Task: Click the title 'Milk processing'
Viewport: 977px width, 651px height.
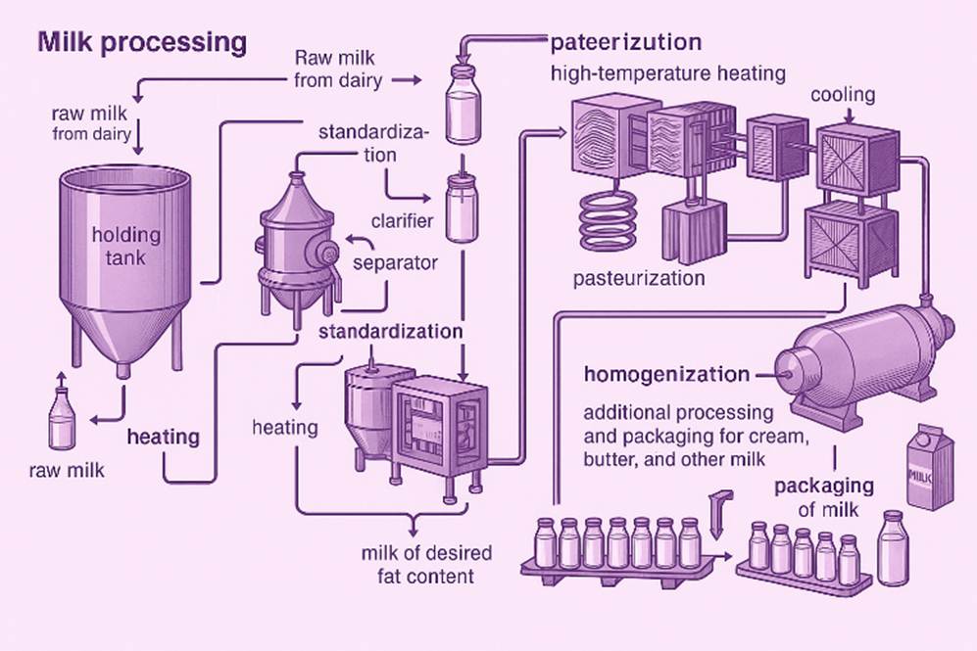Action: [x=141, y=42]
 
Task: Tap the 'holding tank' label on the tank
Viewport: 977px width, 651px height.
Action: [x=125, y=247]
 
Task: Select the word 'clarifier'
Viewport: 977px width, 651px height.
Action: [x=402, y=220]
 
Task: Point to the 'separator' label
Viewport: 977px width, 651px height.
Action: [x=395, y=263]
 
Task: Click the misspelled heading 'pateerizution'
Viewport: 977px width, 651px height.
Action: [x=625, y=43]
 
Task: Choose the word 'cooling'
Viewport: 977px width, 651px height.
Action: [x=843, y=96]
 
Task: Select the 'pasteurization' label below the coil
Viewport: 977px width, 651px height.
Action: [x=639, y=278]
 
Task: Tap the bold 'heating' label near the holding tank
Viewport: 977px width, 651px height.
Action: [x=163, y=437]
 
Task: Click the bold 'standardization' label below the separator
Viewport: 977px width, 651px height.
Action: [x=390, y=331]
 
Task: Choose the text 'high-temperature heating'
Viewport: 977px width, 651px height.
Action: [x=667, y=73]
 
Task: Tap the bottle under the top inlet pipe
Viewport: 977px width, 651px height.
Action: [x=462, y=102]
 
